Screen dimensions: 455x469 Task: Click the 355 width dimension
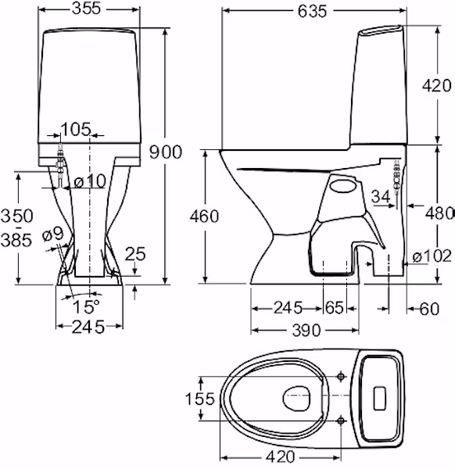[87, 9]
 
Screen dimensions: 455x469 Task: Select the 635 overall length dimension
[312, 12]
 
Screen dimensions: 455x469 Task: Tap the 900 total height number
[166, 152]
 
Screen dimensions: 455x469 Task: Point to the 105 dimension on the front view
[76, 129]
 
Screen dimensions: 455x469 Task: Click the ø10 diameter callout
[90, 181]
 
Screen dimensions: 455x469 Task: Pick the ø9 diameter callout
[53, 234]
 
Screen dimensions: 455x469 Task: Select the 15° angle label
[86, 306]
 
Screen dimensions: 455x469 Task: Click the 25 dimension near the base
[135, 253]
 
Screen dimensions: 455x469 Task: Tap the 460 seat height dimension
[204, 217]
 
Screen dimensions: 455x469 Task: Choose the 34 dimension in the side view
[381, 197]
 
